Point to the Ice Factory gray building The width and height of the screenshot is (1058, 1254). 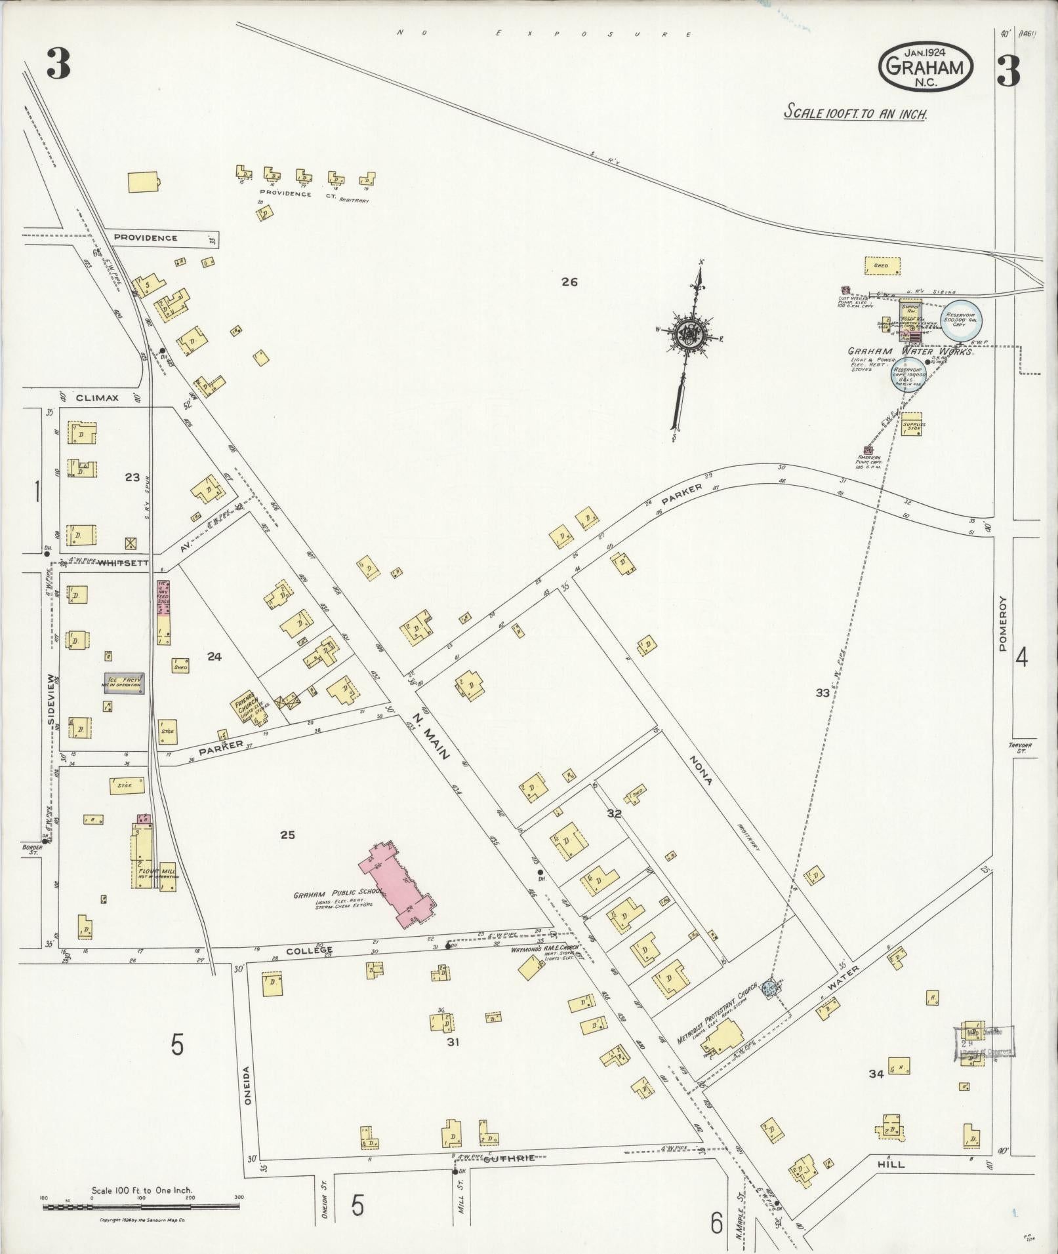coord(123,684)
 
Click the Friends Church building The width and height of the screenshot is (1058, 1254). coord(248,711)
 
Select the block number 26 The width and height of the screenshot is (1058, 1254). coord(569,282)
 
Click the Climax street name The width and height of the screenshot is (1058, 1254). coord(96,397)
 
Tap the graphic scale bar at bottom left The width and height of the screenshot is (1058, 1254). coord(141,1205)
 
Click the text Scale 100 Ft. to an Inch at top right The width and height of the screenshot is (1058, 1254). coord(856,113)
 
